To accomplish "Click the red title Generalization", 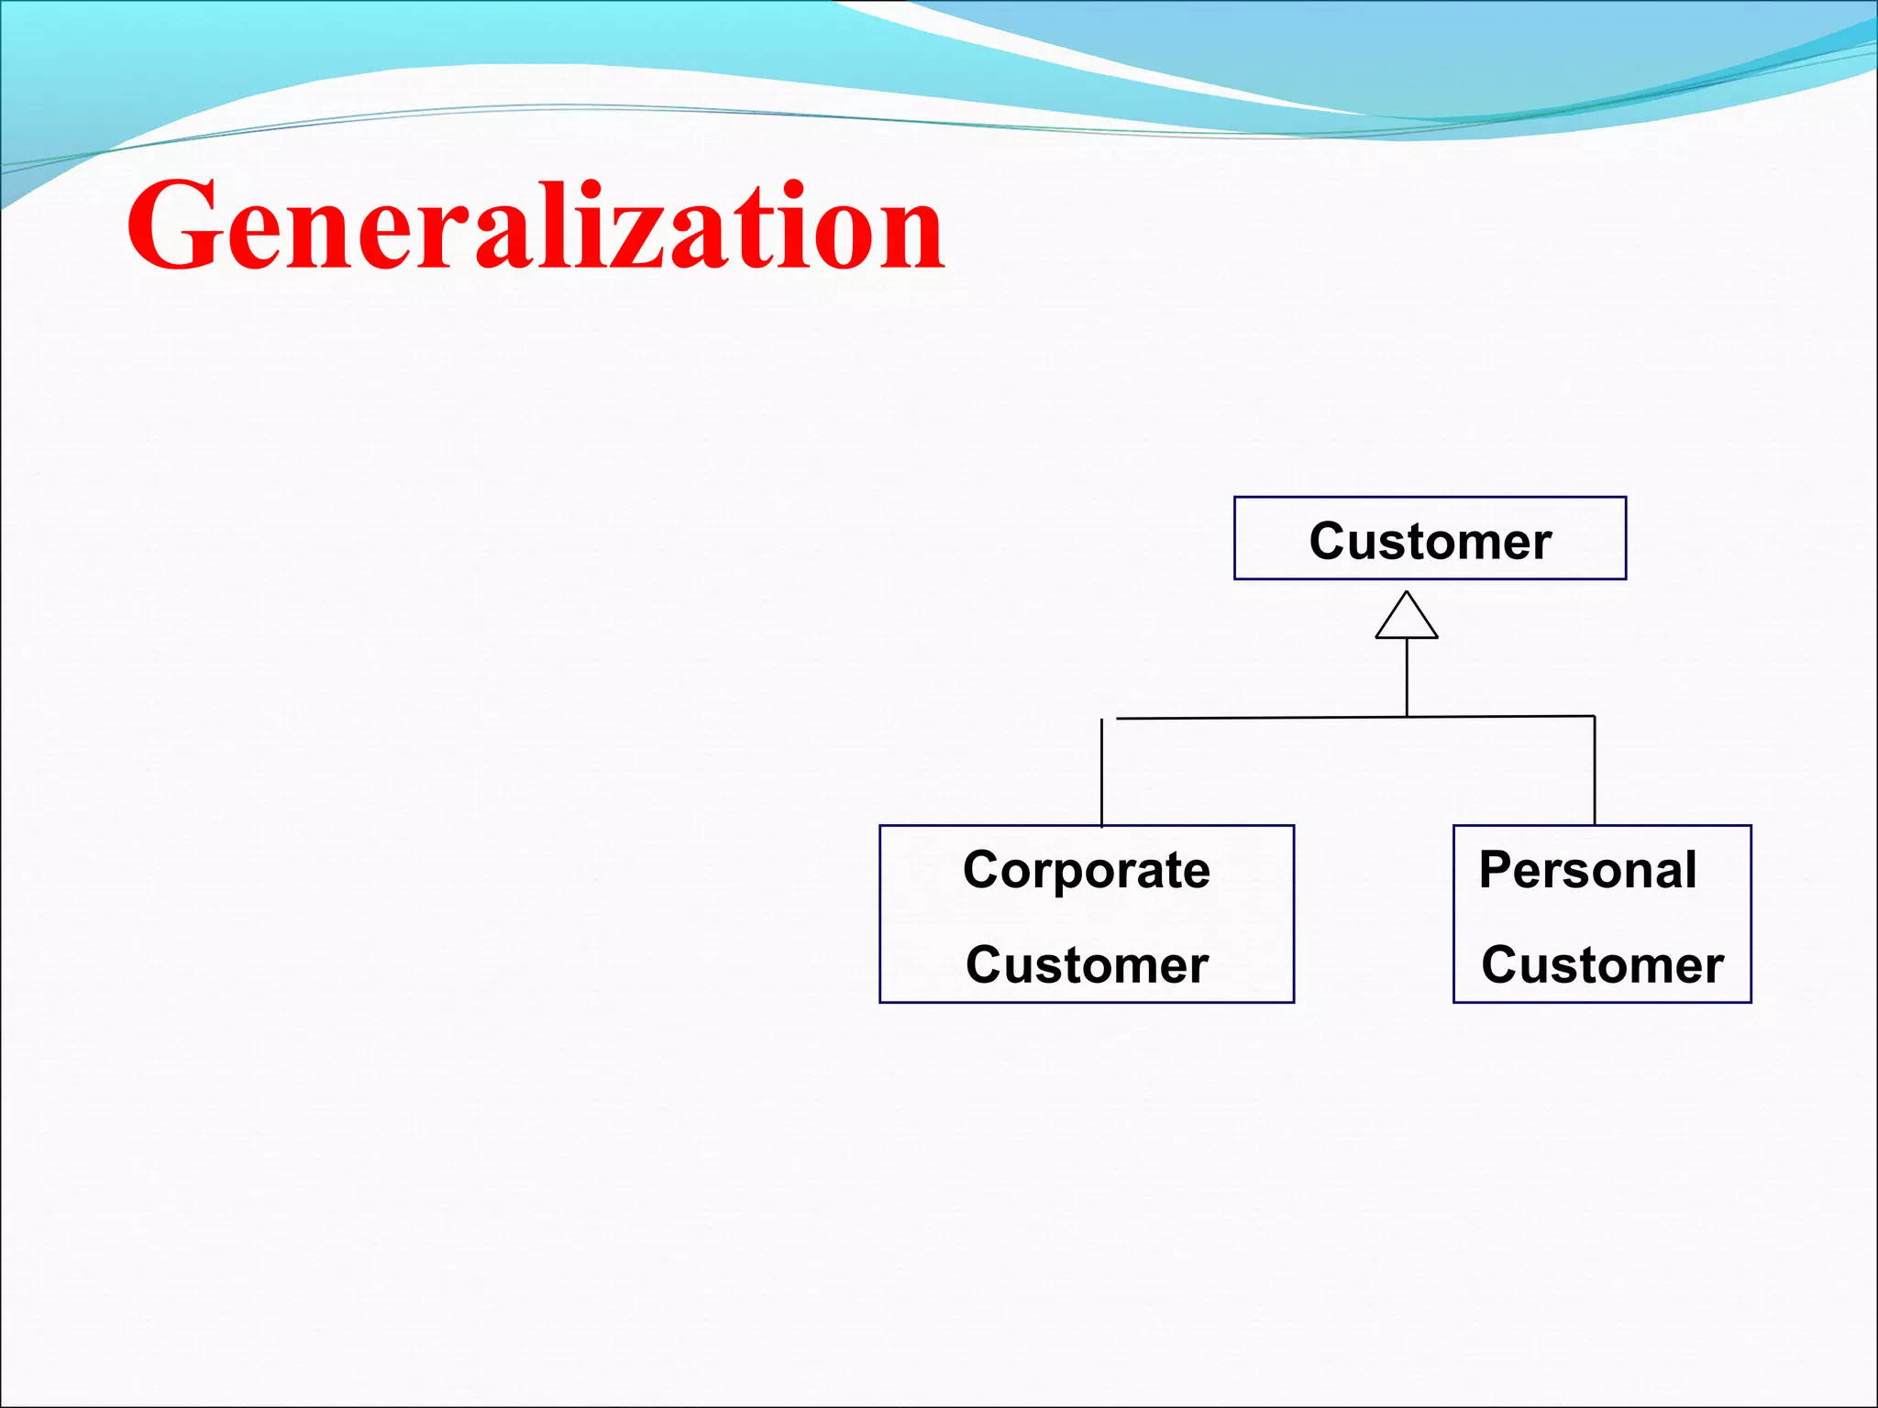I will [536, 225].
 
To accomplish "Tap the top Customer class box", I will [1430, 538].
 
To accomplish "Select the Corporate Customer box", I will [1087, 914].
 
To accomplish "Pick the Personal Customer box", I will [1602, 914].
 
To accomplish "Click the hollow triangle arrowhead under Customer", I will [1407, 617].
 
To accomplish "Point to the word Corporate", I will [1087, 870].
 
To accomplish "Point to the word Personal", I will [1587, 870].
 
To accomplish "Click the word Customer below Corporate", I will [1087, 965].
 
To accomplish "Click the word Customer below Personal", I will [1602, 965].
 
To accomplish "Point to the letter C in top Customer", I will [1328, 540].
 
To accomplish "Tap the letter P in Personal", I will [1496, 870].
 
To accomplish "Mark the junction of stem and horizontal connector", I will [1407, 717].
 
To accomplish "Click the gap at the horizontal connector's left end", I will [1109, 719].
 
